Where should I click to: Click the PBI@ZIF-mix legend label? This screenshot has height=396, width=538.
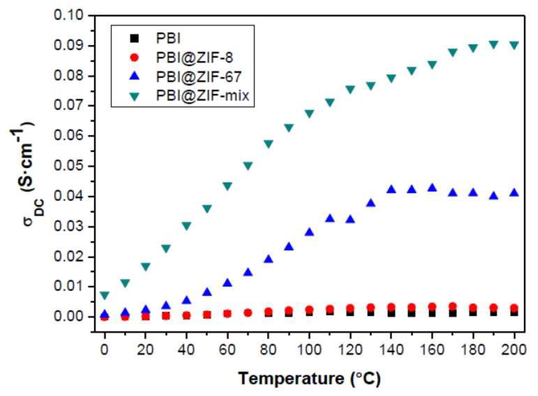click(x=202, y=95)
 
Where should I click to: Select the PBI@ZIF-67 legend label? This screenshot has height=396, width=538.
click(x=198, y=77)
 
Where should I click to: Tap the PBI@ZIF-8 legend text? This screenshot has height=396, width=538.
click(x=194, y=58)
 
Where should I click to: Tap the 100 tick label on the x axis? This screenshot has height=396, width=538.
click(x=309, y=350)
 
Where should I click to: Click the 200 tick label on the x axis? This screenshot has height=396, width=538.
click(x=514, y=350)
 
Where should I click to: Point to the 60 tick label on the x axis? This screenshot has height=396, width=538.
click(x=227, y=350)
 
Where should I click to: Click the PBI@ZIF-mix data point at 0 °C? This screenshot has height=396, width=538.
click(x=104, y=295)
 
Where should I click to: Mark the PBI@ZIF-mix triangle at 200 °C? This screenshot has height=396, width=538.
click(x=514, y=45)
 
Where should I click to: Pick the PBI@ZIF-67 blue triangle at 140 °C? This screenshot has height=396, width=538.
click(x=391, y=189)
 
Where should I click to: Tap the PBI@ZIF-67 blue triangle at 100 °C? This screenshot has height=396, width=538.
click(x=309, y=232)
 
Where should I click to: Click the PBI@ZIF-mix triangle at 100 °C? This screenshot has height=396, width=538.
click(x=309, y=113)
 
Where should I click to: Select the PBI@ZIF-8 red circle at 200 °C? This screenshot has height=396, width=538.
click(x=514, y=308)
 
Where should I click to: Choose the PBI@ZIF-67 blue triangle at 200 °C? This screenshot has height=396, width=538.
click(x=514, y=192)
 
